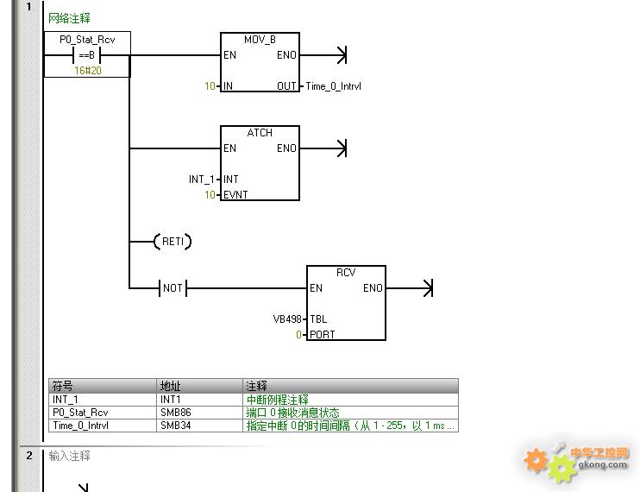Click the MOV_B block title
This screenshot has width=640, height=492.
coord(260,40)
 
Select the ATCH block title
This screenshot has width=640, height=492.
coord(260,133)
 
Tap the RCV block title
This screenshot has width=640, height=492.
coord(346,273)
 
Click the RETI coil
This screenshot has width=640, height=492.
coord(173,242)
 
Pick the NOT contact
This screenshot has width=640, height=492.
coord(173,287)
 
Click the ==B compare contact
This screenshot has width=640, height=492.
coord(86,54)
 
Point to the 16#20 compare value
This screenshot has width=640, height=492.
coord(88,71)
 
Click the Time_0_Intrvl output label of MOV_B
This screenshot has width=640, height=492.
coord(334,86)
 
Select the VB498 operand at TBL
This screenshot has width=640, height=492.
coord(287,319)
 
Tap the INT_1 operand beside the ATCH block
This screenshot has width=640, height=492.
coord(202,180)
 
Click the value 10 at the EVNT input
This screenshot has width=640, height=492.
coord(210,195)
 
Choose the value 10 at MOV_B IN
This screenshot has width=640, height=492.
coord(210,86)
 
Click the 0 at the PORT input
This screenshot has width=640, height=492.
coord(298,335)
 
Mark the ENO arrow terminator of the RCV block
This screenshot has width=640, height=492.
coord(428,287)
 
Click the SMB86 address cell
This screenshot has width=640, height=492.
coord(175,413)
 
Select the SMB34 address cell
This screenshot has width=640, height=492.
coord(175,426)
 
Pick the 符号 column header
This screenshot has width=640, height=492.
coord(63,386)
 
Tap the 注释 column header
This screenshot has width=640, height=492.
coord(256,386)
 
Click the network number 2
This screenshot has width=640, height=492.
coord(29,455)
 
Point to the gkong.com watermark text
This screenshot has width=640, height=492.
coord(602,464)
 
